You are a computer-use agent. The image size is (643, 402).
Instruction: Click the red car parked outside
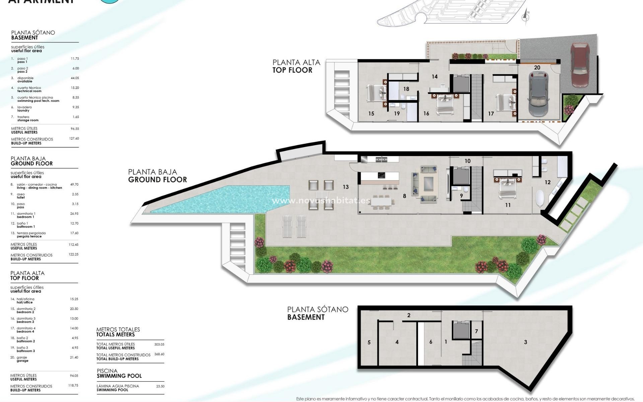[580, 64]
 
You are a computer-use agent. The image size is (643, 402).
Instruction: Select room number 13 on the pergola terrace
[346, 187]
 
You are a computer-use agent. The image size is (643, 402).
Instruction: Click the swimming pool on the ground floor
[221, 200]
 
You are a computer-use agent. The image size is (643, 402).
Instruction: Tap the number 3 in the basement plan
[525, 342]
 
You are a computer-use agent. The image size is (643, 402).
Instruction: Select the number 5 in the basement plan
[369, 342]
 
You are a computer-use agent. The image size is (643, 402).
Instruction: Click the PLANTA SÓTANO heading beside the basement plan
[317, 310]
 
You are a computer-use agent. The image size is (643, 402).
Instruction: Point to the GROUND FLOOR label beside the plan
[157, 180]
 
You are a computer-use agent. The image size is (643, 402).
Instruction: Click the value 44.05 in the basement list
[75, 78]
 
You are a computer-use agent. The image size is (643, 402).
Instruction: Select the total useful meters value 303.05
[159, 344]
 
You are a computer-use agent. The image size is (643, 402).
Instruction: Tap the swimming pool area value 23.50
[160, 386]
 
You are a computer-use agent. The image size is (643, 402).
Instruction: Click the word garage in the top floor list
[23, 361]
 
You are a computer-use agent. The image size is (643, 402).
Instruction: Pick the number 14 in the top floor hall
[434, 77]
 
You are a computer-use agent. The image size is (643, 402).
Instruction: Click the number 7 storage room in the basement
[476, 331]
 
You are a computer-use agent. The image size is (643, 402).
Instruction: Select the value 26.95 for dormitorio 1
[74, 213]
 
